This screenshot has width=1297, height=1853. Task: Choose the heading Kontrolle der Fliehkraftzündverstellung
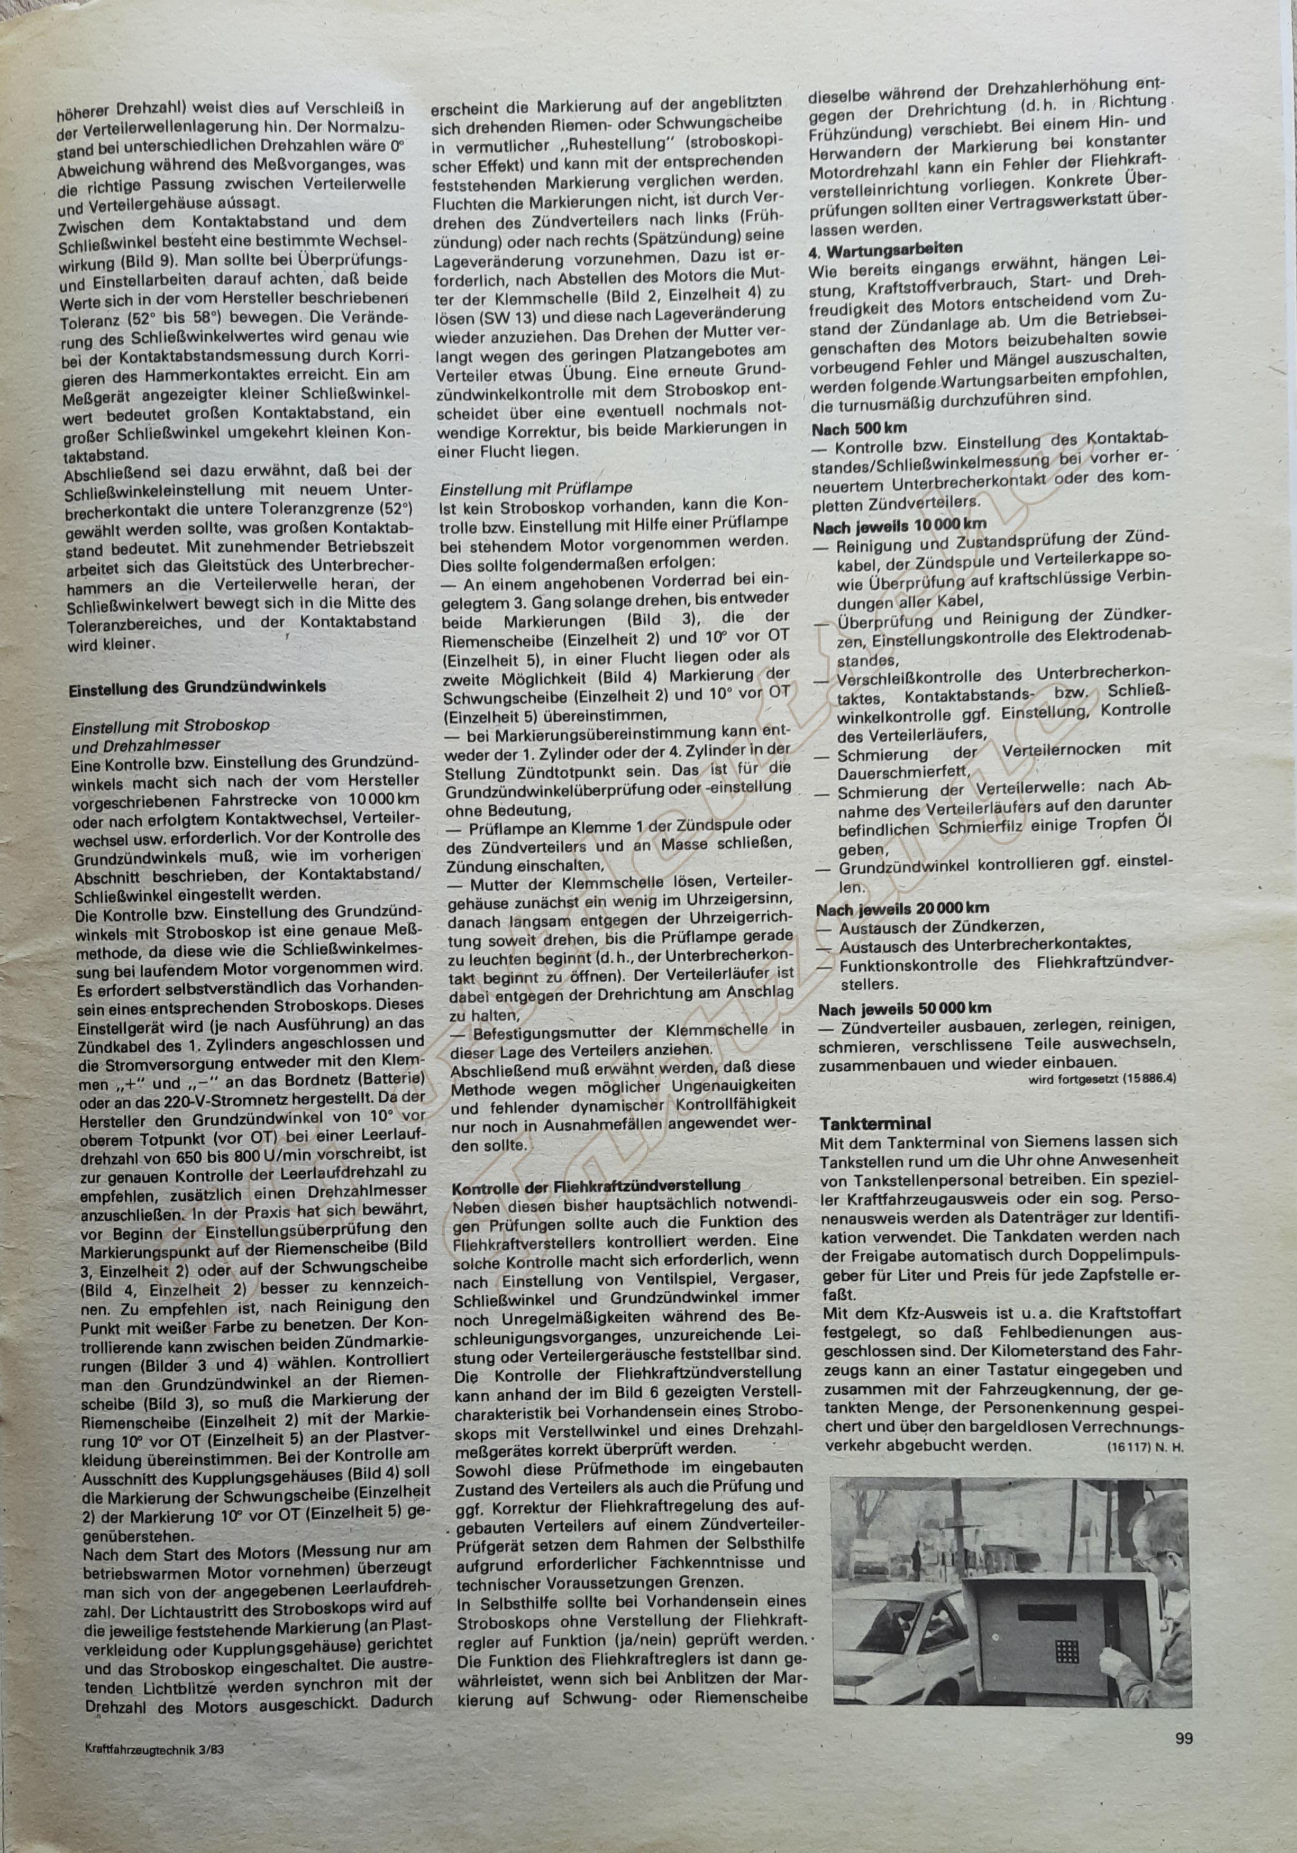(597, 1185)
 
